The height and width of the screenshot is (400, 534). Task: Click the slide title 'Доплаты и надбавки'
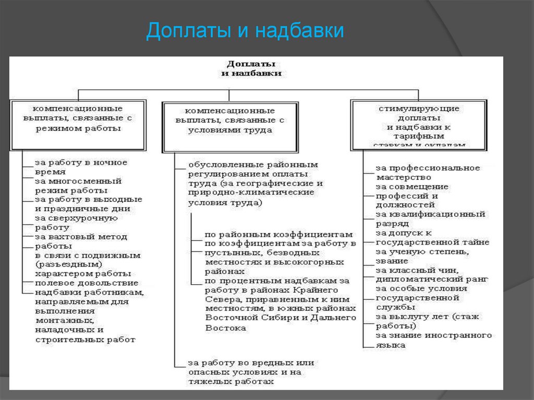coord(245,31)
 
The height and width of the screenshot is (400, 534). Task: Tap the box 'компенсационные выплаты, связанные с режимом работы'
coord(77,118)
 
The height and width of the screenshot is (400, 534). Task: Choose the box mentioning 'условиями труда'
coord(230,120)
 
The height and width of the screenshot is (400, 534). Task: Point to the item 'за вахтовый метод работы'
coord(80,241)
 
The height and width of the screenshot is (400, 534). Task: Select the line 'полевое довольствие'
coord(76,283)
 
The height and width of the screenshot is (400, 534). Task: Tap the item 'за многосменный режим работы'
coord(78,186)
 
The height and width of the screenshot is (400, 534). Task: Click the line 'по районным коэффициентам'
coord(278,235)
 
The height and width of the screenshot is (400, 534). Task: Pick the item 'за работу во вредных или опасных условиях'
coord(250,372)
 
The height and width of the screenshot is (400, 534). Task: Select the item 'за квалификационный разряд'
coord(430,219)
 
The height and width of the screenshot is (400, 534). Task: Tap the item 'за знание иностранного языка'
coord(433,340)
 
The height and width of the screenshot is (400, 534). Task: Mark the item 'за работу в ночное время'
coord(80,167)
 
